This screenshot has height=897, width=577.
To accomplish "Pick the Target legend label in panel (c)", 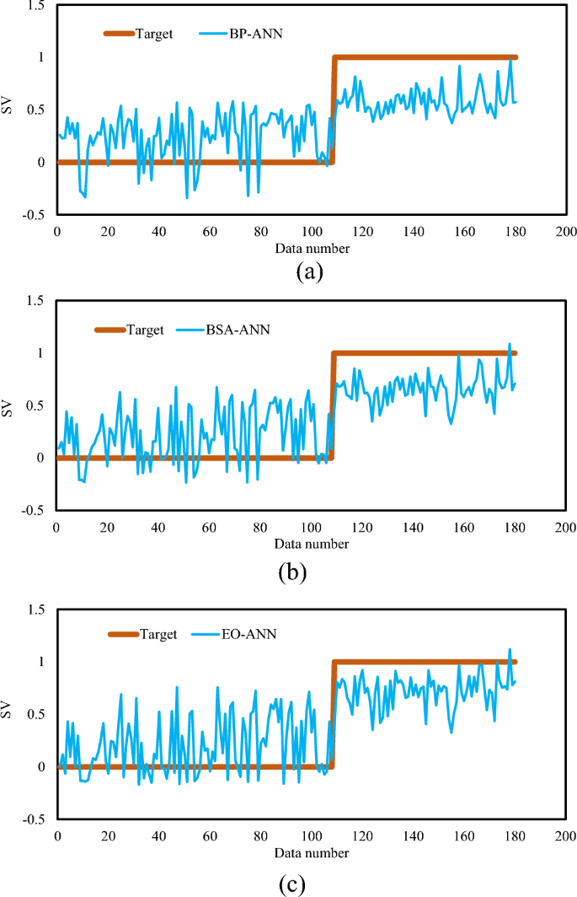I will click(158, 635).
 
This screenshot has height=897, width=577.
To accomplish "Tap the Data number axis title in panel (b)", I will click(310, 545).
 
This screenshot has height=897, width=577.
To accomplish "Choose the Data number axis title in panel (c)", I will click(310, 853).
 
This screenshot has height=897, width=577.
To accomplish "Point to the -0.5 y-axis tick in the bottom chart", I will click(34, 819).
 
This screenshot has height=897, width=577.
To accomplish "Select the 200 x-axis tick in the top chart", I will click(565, 232).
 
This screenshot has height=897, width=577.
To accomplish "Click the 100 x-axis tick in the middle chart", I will click(310, 528).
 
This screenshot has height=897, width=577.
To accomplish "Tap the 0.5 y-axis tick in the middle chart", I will click(35, 406).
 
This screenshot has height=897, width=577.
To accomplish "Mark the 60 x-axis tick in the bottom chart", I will click(210, 836).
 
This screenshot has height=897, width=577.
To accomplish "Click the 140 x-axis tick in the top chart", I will click(413, 232).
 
